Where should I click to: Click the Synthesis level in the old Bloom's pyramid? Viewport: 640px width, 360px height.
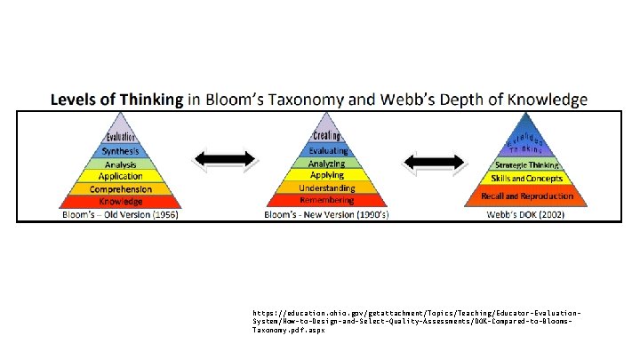click(120, 151)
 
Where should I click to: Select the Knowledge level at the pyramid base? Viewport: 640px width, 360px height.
click(120, 202)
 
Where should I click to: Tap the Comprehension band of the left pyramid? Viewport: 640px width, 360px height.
click(120, 189)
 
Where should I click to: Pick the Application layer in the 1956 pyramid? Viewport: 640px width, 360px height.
click(120, 177)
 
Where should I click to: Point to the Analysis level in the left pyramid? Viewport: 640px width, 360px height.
click(120, 164)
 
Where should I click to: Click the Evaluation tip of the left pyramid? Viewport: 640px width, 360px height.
click(120, 136)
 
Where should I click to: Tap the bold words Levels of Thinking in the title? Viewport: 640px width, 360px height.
click(116, 100)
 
